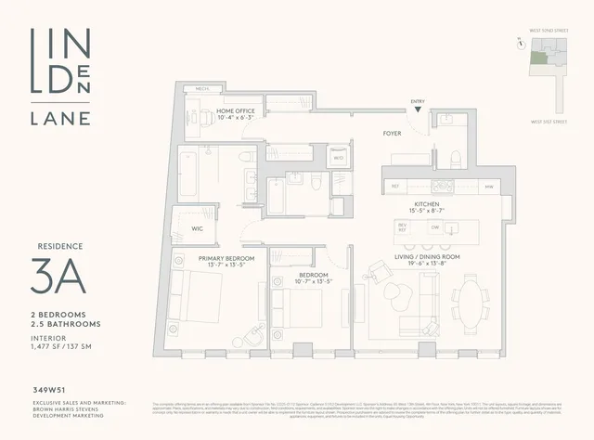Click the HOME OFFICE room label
[236, 111]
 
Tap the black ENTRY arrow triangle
[420, 110]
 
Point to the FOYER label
[392, 133]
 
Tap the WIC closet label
[198, 227]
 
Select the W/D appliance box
[313, 159]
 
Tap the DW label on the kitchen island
[434, 226]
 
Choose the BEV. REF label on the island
[403, 226]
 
